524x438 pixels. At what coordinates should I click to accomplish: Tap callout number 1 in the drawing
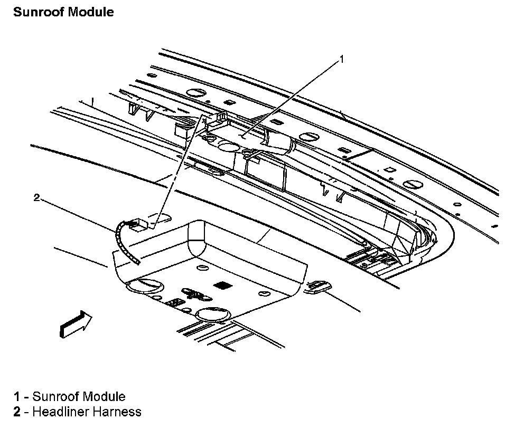tap(341, 59)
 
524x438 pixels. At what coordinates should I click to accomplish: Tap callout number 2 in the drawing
tap(36, 198)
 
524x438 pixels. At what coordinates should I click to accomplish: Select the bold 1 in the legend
tap(17, 396)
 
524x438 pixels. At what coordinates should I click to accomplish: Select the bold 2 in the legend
tap(17, 412)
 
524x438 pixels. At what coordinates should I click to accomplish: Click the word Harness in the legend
tap(118, 412)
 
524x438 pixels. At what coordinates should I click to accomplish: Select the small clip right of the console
tap(319, 286)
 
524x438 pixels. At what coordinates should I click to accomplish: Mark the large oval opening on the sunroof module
tap(229, 146)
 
